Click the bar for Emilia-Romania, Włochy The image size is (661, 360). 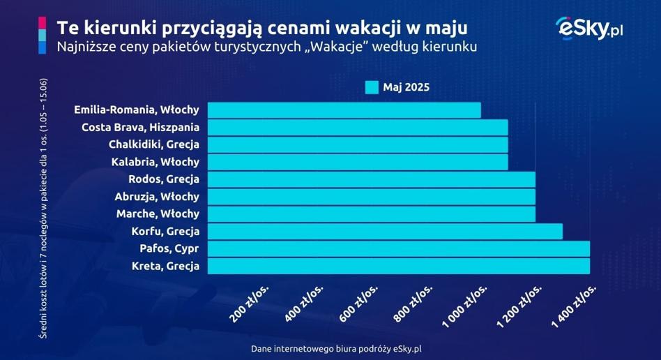(344, 110)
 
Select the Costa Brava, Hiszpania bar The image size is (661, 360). (357, 128)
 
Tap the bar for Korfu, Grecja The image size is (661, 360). (384, 232)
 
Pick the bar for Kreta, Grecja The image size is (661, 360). (398, 267)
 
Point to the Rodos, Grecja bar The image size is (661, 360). (371, 179)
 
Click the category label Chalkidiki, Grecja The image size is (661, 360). (153, 145)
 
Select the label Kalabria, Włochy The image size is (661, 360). (155, 162)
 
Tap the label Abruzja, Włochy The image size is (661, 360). (157, 197)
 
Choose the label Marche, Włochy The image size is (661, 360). (158, 214)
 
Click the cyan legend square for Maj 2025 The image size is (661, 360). (372, 87)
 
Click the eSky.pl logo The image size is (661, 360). (588, 29)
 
